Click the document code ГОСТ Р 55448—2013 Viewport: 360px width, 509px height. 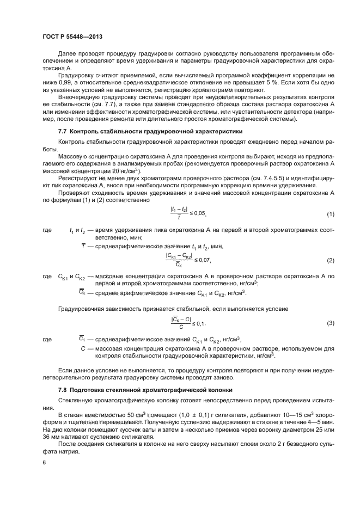[72, 36]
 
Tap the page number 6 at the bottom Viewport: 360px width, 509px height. [44, 463]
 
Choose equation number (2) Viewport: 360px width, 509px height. [330, 260]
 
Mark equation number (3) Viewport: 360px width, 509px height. [330, 323]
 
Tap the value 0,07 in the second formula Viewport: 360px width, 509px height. [203, 260]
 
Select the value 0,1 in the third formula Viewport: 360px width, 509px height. [199, 323]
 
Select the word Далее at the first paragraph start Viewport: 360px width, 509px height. [67, 54]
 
